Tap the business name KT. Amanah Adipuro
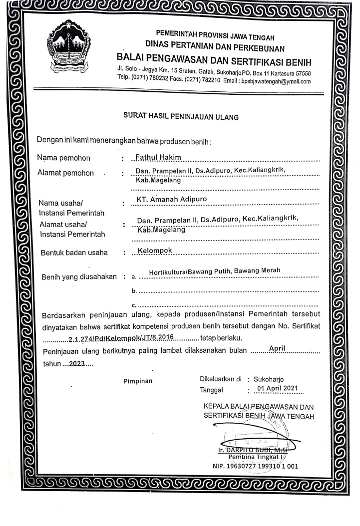tap(172, 200)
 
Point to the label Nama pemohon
tap(64, 159)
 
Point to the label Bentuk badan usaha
tap(74, 252)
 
